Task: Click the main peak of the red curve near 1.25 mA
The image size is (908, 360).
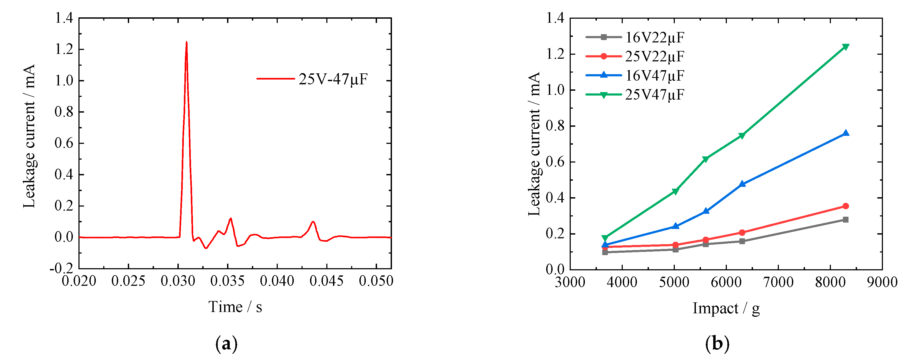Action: pyautogui.click(x=187, y=43)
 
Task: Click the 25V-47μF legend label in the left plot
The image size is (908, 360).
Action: pyautogui.click(x=333, y=79)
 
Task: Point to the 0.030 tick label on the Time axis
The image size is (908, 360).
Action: pyautogui.click(x=178, y=281)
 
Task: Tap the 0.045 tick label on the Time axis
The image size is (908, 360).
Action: pyautogui.click(x=326, y=281)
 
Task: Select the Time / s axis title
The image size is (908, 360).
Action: pyautogui.click(x=235, y=307)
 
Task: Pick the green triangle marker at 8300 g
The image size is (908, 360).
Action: pyautogui.click(x=845, y=47)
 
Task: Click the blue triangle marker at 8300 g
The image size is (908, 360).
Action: pyautogui.click(x=845, y=133)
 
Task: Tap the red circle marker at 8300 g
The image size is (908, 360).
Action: pyautogui.click(x=845, y=206)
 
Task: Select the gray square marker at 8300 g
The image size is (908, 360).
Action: pyautogui.click(x=845, y=220)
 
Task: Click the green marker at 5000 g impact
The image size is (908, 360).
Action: pyautogui.click(x=675, y=191)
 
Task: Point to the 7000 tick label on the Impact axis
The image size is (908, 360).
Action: pyautogui.click(x=778, y=282)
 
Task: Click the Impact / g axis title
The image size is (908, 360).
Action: pyautogui.click(x=726, y=308)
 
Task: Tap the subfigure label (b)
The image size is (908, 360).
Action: pyautogui.click(x=717, y=343)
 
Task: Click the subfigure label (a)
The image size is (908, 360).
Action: pyautogui.click(x=226, y=343)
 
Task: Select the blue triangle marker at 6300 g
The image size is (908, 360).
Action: pyautogui.click(x=742, y=184)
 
